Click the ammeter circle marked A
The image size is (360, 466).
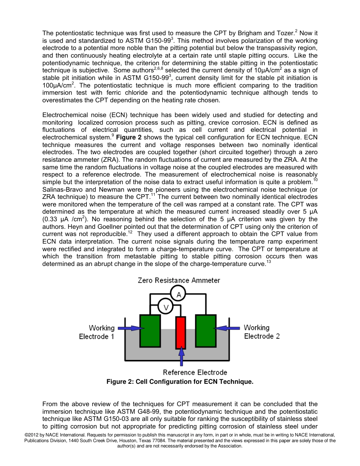[x=178, y=294]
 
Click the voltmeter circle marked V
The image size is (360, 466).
[x=165, y=306]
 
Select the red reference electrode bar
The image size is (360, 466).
[x=181, y=332]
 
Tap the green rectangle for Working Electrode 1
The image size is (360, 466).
[x=150, y=330]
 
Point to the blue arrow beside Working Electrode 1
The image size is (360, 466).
[x=129, y=328]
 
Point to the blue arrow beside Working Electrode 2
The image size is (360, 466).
[x=227, y=328]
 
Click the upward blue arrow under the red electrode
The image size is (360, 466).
[x=181, y=357]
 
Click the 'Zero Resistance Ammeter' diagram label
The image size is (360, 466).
[x=179, y=280]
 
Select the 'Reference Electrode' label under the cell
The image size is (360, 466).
[x=195, y=372]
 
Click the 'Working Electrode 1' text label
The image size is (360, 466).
[x=97, y=332]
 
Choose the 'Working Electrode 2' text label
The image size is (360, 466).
[x=262, y=332]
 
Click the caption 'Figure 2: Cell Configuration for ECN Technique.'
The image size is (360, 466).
[x=180, y=382]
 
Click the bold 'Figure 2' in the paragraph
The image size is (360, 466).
[x=129, y=137]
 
